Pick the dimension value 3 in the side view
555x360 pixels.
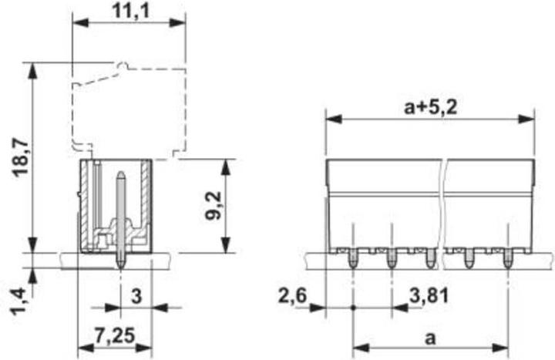136,294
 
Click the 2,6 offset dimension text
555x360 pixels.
293,295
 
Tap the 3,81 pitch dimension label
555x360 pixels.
425,295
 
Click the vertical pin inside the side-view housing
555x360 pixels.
120,216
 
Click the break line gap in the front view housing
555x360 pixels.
444,208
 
